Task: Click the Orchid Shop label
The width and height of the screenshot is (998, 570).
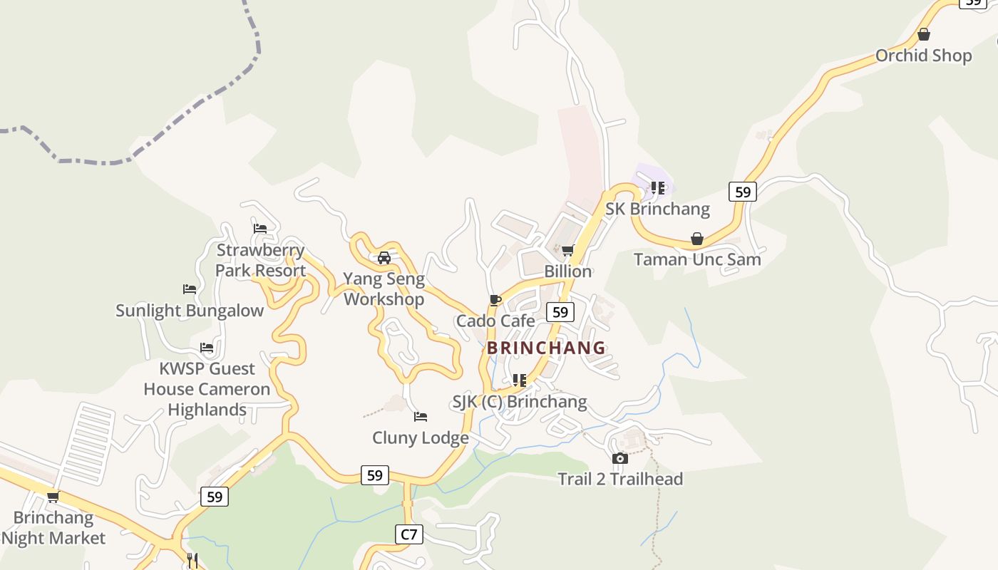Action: (x=923, y=56)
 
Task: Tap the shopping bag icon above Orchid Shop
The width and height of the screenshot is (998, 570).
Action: (x=924, y=34)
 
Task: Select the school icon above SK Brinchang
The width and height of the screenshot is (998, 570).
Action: (x=658, y=188)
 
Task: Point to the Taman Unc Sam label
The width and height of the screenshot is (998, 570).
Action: (x=697, y=259)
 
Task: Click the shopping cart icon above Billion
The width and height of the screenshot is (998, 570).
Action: (x=568, y=250)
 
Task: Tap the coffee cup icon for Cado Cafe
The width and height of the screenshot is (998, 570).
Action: (x=495, y=300)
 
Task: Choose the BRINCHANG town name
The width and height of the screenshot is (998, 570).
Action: (x=546, y=348)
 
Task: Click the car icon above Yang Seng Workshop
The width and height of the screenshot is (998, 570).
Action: (x=384, y=258)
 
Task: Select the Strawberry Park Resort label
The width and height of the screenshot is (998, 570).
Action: (x=260, y=260)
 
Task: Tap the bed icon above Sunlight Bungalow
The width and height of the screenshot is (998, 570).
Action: (x=190, y=289)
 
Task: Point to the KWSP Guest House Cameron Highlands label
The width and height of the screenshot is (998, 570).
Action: (x=207, y=389)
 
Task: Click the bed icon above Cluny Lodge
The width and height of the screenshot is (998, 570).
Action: (x=421, y=417)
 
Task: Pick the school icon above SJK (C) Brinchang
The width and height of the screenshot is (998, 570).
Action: (x=520, y=380)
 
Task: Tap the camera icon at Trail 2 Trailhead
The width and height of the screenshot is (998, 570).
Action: (x=620, y=458)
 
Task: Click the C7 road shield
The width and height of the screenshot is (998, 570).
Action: (x=408, y=534)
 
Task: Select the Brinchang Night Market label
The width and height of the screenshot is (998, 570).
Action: (x=53, y=528)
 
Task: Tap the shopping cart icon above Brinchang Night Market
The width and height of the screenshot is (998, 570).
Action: (x=53, y=497)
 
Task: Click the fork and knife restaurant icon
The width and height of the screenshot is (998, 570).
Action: (x=192, y=560)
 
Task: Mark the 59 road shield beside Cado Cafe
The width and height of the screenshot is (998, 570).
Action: (x=560, y=312)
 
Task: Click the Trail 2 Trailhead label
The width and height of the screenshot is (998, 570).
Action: (x=620, y=479)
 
